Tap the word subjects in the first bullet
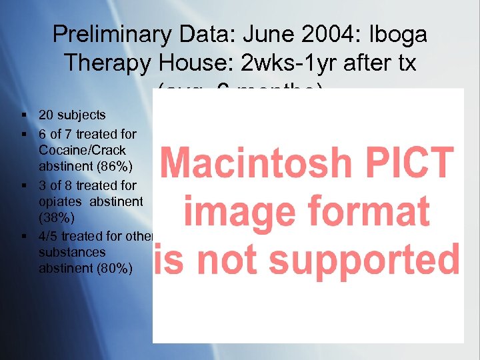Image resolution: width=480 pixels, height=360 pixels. coord(81,115)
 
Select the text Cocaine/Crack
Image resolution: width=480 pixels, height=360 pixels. coord(82,149)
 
